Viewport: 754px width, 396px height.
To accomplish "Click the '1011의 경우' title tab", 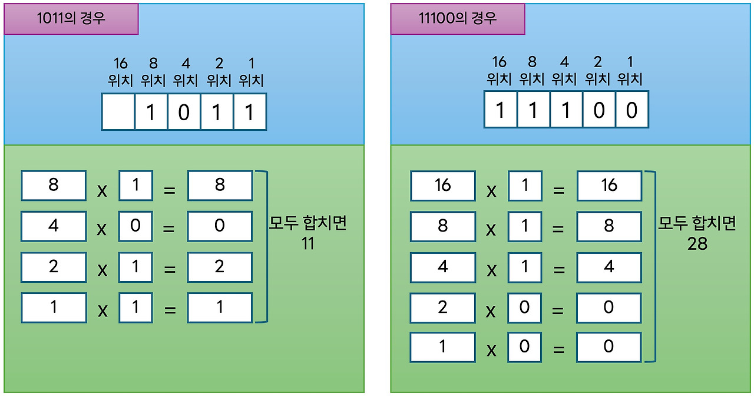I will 71,18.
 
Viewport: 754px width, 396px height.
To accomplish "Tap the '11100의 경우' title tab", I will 457,18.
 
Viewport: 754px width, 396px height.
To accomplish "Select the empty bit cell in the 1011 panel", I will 118,111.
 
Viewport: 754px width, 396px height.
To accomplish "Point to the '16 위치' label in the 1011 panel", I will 121,72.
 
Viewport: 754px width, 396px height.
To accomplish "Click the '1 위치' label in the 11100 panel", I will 630,70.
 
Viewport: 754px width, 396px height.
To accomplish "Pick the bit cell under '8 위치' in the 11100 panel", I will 533,110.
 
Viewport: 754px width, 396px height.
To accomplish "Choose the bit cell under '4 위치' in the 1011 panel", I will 184,111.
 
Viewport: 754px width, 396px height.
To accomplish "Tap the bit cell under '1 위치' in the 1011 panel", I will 250,111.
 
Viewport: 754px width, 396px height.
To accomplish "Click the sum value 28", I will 697,243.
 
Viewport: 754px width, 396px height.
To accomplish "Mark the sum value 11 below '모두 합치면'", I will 307,243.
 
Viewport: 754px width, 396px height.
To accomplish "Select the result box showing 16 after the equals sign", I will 609,186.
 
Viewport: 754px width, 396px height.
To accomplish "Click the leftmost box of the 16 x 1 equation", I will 442,186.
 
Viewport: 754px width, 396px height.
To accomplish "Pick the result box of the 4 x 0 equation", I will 220,226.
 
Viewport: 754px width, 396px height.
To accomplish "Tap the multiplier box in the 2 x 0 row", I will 524,307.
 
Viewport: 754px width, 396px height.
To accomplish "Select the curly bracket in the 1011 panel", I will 263,246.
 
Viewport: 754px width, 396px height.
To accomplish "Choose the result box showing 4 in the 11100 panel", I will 609,267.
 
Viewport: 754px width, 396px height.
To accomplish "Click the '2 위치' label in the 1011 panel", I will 218,72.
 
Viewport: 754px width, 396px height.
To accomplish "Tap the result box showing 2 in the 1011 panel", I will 220,267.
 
